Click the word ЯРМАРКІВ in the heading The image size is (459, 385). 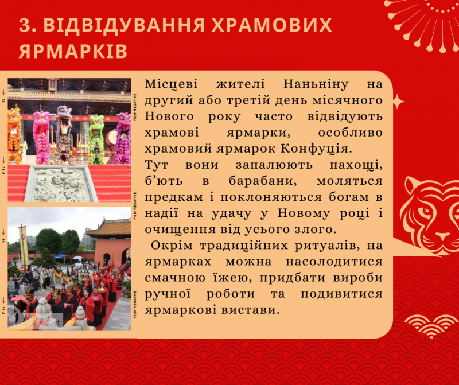tap(73, 52)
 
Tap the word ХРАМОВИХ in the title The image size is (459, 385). tap(271, 25)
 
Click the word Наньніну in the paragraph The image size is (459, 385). tap(316, 84)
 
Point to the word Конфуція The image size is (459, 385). tap(316, 149)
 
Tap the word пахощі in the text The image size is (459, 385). tap(356, 165)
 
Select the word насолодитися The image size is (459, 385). tap(334, 262)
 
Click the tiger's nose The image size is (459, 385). tap(443, 236)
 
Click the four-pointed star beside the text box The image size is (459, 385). tap(398, 102)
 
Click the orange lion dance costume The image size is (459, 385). tap(14, 135)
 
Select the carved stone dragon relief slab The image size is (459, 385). tap(60, 184)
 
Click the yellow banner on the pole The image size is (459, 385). tap(24, 246)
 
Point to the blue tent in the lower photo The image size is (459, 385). tap(60, 255)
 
